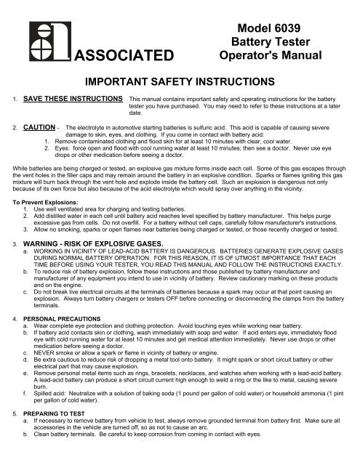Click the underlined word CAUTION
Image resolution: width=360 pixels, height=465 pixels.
click(x=36, y=126)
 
